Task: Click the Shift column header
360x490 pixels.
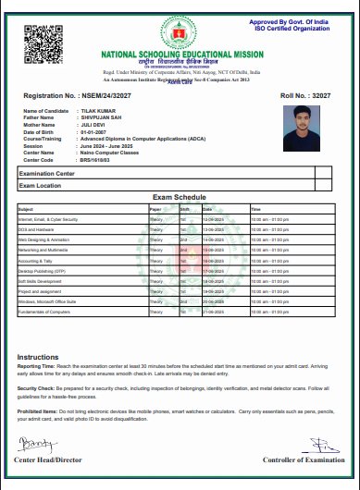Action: tap(185, 208)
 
